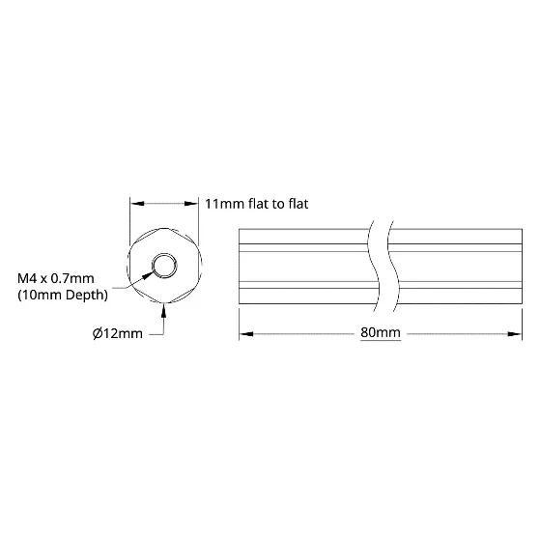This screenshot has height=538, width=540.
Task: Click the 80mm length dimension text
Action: (381, 332)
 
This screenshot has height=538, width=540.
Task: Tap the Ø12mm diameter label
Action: (118, 334)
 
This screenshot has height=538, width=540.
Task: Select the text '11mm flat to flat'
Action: (257, 204)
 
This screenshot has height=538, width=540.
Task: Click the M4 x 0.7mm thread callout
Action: (55, 278)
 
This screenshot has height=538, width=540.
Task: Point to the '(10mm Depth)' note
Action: (63, 296)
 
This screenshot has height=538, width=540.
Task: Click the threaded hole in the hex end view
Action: (164, 266)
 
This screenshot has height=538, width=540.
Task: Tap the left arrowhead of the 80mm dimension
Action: (246, 334)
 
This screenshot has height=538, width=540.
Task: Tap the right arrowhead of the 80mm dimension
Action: (515, 334)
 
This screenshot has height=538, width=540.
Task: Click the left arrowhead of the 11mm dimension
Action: (137, 204)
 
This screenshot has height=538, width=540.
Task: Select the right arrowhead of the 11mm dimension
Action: (191, 204)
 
